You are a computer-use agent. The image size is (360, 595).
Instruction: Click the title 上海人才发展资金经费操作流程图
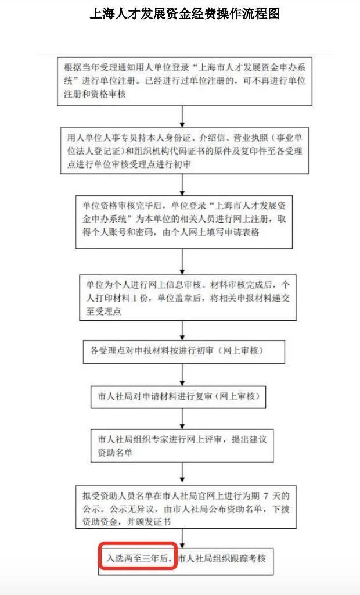[184, 14]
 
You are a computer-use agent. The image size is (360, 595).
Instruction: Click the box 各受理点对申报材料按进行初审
[184, 352]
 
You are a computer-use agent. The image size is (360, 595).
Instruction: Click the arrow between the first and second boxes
[182, 116]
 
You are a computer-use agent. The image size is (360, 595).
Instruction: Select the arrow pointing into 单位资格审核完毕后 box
[182, 184]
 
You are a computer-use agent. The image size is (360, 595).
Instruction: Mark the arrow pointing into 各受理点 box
[182, 330]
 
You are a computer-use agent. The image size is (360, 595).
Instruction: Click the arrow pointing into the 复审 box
[182, 375]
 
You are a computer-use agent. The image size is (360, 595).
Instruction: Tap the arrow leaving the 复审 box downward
[182, 418]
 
